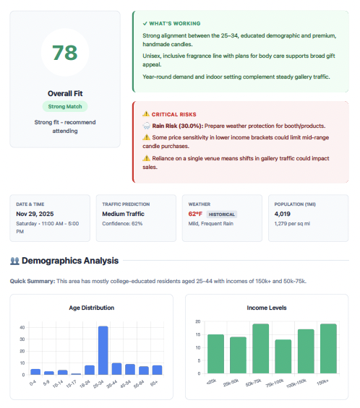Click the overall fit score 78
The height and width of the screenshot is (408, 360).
[64, 53]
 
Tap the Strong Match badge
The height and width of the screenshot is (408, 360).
[64, 106]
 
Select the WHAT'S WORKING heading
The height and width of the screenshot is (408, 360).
[175, 23]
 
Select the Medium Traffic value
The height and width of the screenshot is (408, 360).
[124, 214]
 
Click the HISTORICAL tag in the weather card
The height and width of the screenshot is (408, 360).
[222, 214]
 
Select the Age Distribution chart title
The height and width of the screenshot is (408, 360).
[92, 308]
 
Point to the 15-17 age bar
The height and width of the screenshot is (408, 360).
[76, 373]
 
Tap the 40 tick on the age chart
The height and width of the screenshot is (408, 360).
[23, 327]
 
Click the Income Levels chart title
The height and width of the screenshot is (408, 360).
[267, 308]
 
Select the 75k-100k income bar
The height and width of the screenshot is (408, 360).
[283, 356]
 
